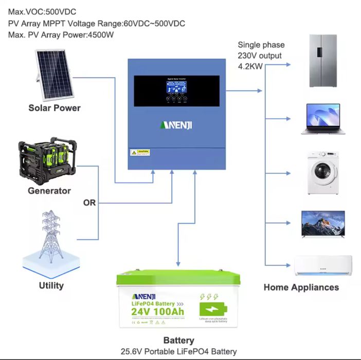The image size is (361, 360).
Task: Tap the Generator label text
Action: (49, 191)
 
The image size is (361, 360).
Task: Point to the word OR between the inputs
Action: (89, 203)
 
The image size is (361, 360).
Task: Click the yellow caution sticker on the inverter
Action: (140, 153)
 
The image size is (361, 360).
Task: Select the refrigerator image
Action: (322, 60)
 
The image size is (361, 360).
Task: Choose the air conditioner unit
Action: (322, 265)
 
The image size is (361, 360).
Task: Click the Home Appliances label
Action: (301, 287)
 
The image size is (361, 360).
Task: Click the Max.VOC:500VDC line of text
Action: (41, 11)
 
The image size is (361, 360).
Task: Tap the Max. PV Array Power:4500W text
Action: (61, 34)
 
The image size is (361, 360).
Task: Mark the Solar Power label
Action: (55, 107)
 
